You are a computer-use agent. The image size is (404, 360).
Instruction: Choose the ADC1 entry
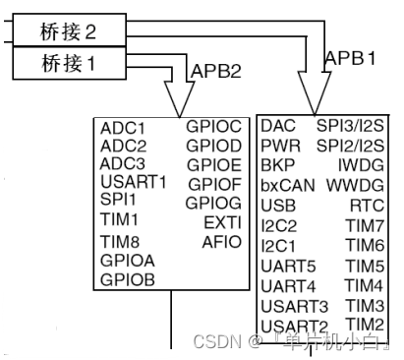pyautogui.click(x=123, y=128)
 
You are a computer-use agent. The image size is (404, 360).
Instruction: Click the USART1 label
pyautogui.click(x=134, y=182)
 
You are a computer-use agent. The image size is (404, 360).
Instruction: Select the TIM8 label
pyautogui.click(x=120, y=242)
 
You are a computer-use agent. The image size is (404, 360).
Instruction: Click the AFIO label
pyautogui.click(x=221, y=242)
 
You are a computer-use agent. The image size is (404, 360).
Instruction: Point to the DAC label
pyautogui.click(x=278, y=127)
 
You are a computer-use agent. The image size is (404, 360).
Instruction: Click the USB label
pyautogui.click(x=279, y=205)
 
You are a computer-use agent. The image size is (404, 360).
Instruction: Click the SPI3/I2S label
pyautogui.click(x=349, y=127)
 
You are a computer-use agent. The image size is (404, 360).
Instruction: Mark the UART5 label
pyautogui.click(x=288, y=266)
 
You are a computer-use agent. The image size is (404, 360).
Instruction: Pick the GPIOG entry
pyautogui.click(x=213, y=203)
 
